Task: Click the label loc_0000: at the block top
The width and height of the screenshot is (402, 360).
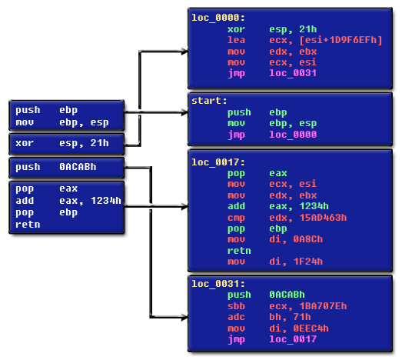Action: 218,18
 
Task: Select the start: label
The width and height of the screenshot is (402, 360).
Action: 209,101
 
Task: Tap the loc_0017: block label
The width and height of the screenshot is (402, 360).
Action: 218,162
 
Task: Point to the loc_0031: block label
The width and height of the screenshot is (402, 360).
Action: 218,284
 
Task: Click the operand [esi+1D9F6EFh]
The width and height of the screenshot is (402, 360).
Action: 341,40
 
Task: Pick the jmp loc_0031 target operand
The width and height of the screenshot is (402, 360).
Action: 293,73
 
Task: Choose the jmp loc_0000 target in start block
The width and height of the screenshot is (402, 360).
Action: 293,135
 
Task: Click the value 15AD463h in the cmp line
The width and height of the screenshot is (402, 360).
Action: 323,218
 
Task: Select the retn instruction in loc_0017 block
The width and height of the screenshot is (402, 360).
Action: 239,251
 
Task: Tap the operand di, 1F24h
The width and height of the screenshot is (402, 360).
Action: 296,262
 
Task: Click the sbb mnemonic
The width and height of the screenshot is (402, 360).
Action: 236,306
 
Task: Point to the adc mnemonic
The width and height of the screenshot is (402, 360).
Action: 236,317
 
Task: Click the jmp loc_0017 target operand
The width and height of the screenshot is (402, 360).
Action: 293,339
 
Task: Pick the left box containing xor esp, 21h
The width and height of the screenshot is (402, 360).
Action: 67,144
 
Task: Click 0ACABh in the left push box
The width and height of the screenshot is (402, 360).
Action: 78,167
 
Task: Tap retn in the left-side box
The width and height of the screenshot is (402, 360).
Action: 28,225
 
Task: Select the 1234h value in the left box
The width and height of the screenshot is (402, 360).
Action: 105,201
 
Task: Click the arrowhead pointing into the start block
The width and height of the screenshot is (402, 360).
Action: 184,112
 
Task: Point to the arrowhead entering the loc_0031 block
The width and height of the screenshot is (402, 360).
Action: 184,318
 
